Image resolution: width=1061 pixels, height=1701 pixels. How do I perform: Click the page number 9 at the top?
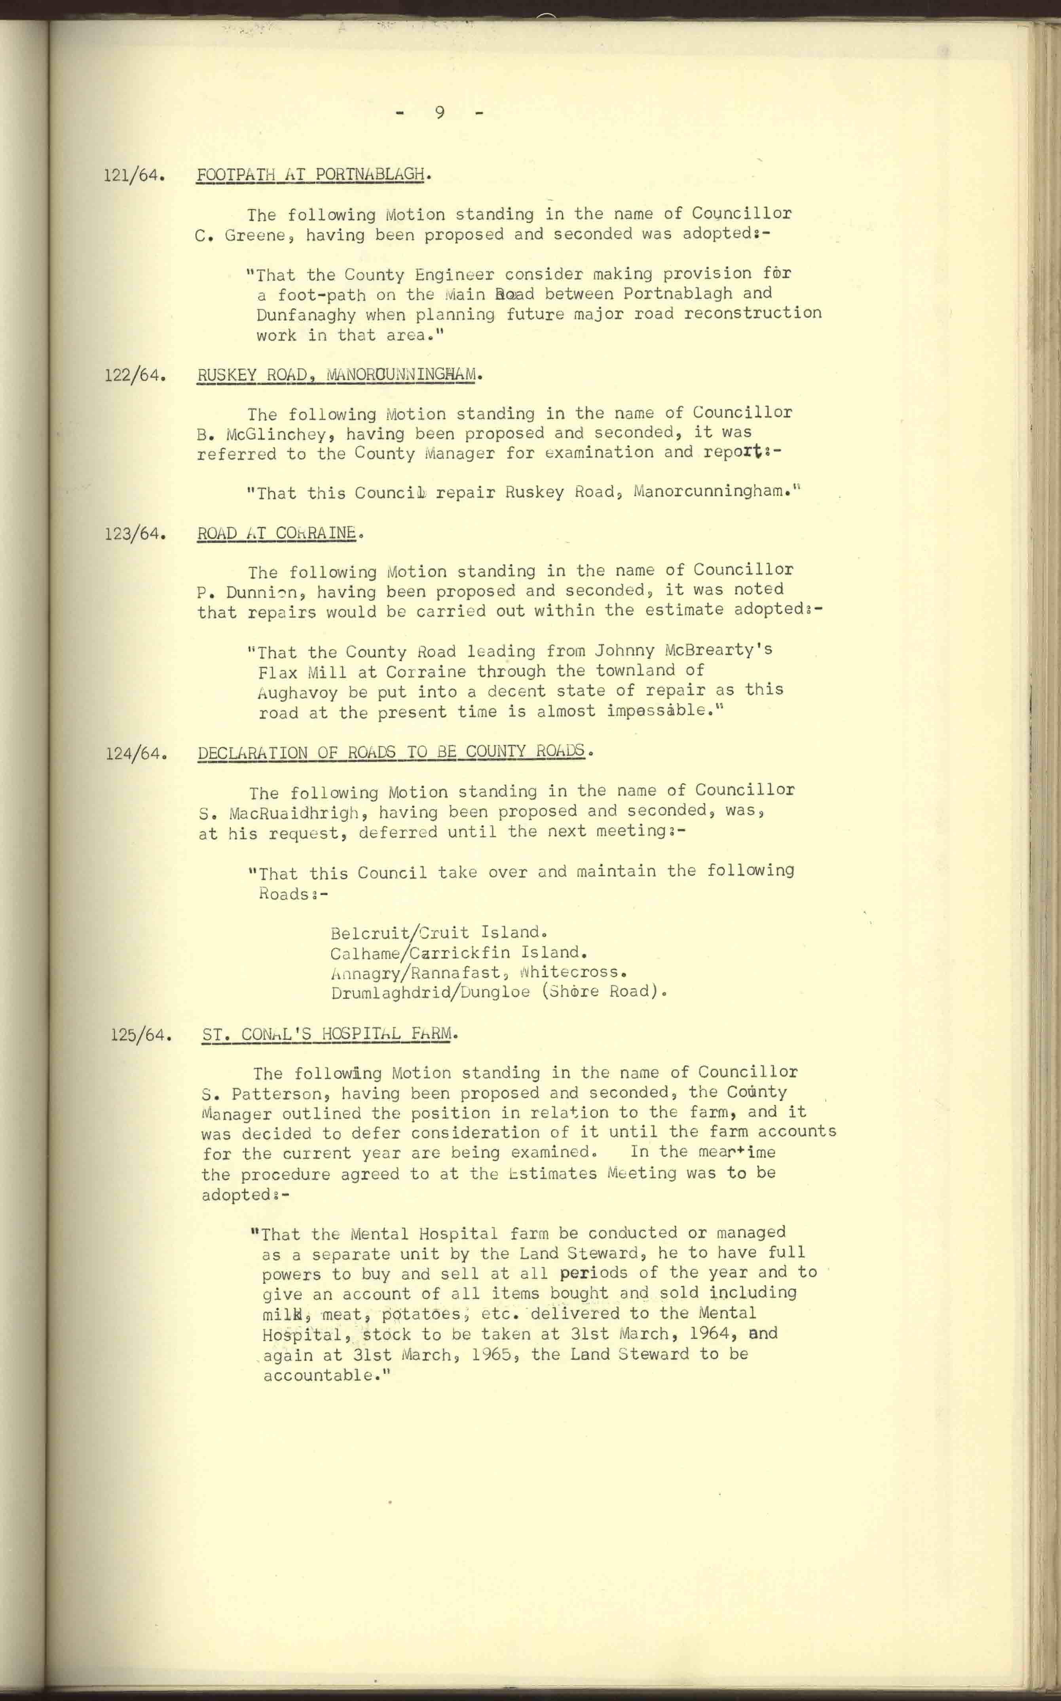coord(439,112)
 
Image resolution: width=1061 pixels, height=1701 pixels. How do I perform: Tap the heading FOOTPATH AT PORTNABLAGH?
coord(311,174)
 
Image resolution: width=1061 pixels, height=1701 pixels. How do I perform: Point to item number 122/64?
coord(135,375)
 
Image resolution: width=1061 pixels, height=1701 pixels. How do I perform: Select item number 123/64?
coord(135,534)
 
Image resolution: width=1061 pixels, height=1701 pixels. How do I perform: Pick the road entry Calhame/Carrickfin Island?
coord(457,952)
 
